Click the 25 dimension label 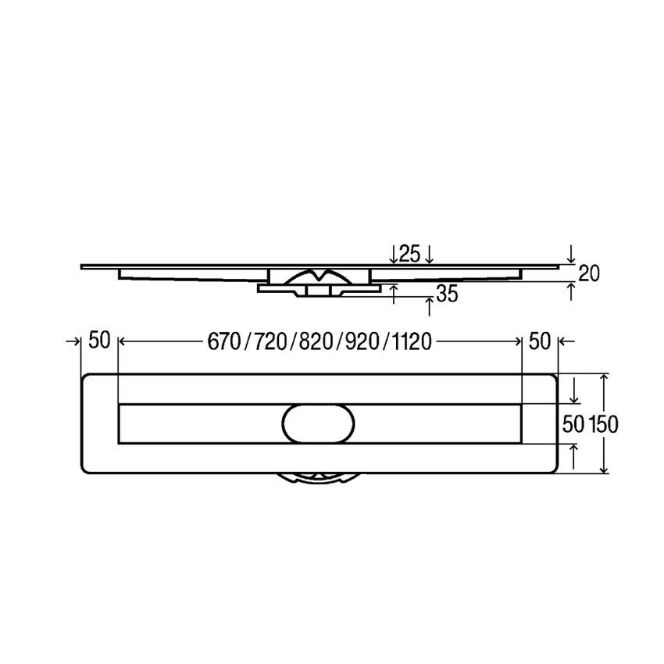click(411, 253)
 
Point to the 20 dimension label click(590, 273)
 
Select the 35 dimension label click(447, 294)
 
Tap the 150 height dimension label click(603, 423)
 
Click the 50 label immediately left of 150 click(574, 423)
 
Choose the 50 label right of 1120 click(540, 341)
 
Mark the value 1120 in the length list click(407, 341)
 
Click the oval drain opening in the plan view click(317, 423)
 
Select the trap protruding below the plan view click(318, 478)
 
